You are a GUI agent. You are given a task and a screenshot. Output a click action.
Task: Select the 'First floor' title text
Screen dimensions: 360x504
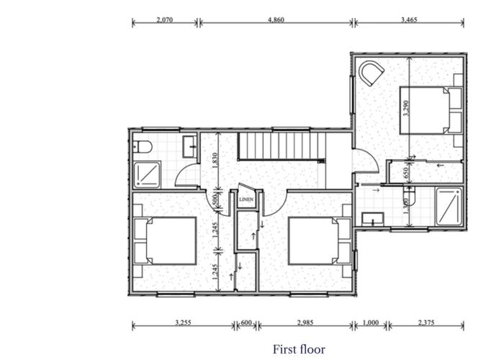tap(299, 349)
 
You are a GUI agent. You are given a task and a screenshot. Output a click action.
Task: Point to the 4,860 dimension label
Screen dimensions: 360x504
tap(276, 19)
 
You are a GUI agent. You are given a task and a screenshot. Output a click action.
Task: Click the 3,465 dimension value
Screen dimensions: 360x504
tap(409, 19)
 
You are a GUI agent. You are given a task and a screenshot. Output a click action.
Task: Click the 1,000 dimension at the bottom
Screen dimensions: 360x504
tap(371, 323)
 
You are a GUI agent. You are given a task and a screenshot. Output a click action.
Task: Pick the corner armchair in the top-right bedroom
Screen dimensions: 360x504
tap(372, 73)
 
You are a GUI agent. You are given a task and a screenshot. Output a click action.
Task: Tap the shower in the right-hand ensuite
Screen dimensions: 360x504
tap(450, 205)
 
